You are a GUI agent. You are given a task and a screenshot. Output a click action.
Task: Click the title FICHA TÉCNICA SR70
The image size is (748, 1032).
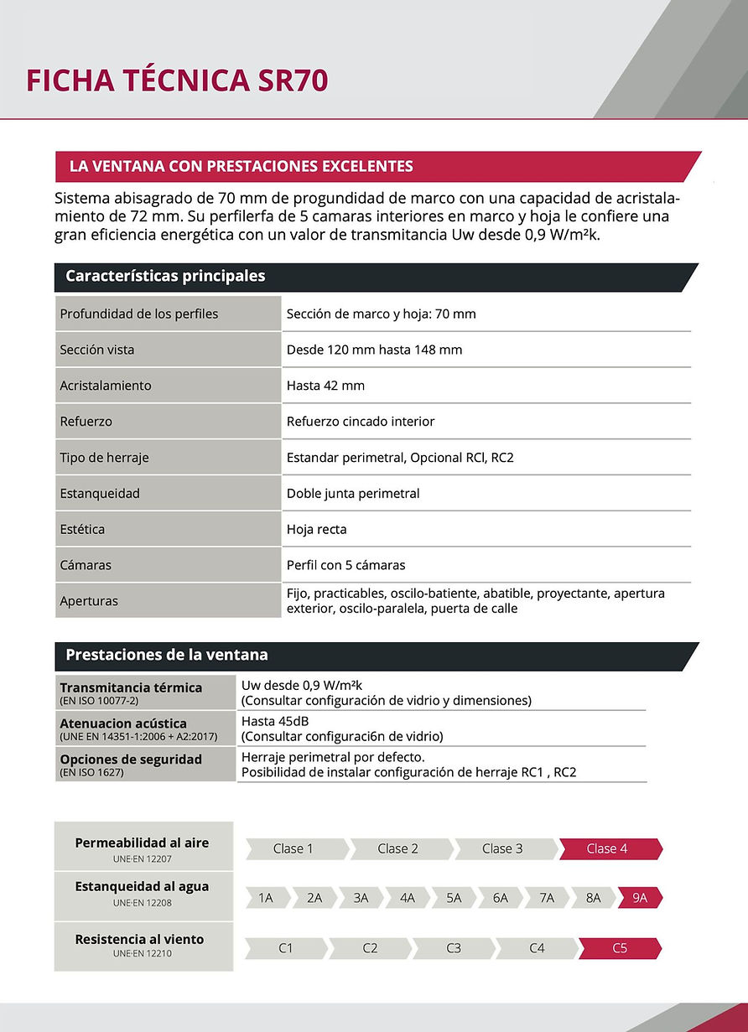(x=177, y=80)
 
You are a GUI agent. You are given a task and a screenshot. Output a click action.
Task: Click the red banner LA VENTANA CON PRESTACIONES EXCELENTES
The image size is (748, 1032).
(x=242, y=166)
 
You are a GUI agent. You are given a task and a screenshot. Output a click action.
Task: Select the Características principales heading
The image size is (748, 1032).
(x=165, y=276)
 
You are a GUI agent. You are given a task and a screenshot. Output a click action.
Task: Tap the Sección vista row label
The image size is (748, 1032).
(x=97, y=350)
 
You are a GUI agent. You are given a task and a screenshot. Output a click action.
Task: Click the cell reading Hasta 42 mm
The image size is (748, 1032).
(x=325, y=386)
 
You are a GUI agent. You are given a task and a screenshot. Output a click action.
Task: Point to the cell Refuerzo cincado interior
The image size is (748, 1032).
(x=361, y=422)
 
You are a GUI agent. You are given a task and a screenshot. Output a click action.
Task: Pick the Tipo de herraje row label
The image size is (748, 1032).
(x=104, y=458)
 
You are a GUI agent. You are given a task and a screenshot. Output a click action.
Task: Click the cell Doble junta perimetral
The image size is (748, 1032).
(x=353, y=494)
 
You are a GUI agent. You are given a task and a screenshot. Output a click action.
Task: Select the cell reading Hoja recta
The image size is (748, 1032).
(x=316, y=530)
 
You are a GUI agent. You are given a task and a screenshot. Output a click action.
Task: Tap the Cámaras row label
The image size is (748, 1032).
(x=86, y=565)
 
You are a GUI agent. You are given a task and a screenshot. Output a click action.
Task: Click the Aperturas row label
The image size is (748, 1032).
(x=89, y=601)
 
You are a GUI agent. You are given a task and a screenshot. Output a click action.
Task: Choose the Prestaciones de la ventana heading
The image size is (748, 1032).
(x=167, y=655)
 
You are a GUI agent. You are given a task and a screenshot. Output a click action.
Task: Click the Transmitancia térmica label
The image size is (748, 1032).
(x=131, y=687)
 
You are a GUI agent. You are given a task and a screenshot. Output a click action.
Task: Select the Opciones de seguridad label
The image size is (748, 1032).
(x=131, y=759)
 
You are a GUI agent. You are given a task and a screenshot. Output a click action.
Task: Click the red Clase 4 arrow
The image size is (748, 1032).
(x=607, y=848)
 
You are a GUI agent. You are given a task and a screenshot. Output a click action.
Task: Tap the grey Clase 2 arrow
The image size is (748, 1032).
(x=397, y=848)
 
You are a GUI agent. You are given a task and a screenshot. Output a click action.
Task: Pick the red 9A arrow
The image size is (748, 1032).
(x=640, y=898)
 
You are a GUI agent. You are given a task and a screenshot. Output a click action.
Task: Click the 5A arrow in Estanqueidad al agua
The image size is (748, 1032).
(x=454, y=898)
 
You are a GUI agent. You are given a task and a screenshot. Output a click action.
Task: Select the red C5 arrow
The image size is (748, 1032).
(x=619, y=948)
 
